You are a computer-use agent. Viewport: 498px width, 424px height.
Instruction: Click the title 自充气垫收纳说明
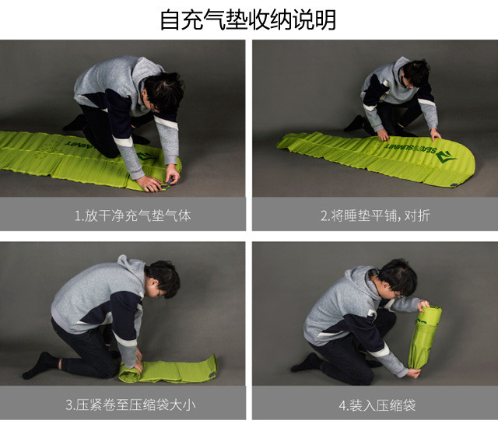pyautogui.click(x=248, y=19)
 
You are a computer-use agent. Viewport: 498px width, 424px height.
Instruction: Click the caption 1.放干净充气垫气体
pyautogui.click(x=133, y=216)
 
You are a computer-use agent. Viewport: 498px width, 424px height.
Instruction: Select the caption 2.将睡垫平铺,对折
pyautogui.click(x=375, y=216)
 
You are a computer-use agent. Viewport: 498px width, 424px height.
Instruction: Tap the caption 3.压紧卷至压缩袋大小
pyautogui.click(x=130, y=405)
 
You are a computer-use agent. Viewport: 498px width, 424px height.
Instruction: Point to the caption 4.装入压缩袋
pyautogui.click(x=377, y=405)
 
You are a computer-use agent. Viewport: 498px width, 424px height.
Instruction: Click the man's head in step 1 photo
pyautogui.click(x=164, y=93)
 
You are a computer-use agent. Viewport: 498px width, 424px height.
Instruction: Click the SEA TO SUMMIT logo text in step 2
pyautogui.click(x=411, y=149)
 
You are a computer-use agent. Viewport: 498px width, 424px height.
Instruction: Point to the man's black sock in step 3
pyautogui.click(x=40, y=365)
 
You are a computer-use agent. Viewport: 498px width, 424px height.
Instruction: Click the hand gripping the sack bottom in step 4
pyautogui.click(x=414, y=372)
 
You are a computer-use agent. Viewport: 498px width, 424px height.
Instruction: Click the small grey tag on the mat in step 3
pyautogui.click(x=212, y=376)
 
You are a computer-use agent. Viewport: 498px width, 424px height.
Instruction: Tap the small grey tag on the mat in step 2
pyautogui.click(x=454, y=185)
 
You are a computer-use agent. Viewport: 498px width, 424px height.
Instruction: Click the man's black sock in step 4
pyautogui.click(x=307, y=363)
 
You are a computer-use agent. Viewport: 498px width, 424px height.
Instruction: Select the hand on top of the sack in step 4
pyautogui.click(x=423, y=306)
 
